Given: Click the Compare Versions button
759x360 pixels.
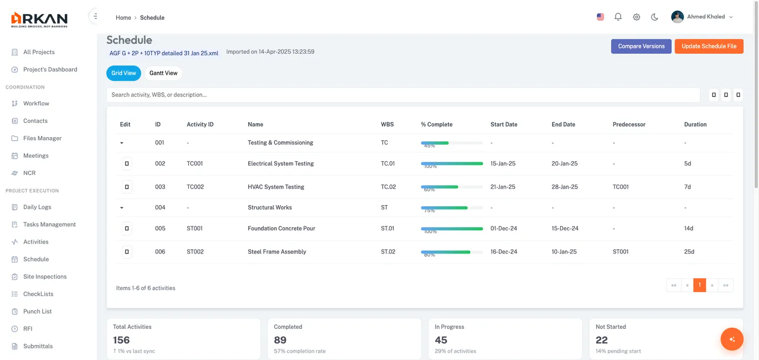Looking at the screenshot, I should [x=641, y=46].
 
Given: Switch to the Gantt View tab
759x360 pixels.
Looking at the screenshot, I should [x=163, y=73].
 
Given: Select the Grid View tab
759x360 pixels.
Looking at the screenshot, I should [x=124, y=73].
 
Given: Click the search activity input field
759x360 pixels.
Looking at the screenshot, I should [x=403, y=95].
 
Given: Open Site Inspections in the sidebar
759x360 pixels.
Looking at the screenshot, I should [x=45, y=277].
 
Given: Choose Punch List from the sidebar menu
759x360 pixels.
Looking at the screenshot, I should [x=37, y=312].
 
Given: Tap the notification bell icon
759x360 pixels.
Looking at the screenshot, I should [x=618, y=17].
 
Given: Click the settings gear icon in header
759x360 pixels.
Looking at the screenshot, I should [x=636, y=17].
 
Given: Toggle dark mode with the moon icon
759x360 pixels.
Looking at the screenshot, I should [x=655, y=17].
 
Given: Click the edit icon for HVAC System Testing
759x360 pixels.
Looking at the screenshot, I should [x=126, y=187].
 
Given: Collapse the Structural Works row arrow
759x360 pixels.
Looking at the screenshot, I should [x=122, y=208].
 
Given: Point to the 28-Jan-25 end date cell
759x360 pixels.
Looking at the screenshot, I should [x=565, y=187].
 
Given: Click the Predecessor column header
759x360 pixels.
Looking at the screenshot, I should [x=629, y=124].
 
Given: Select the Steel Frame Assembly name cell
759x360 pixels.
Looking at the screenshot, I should [x=277, y=252].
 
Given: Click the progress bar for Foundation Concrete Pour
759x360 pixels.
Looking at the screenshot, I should [x=452, y=229].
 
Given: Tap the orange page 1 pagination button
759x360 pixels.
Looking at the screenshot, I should [x=699, y=285].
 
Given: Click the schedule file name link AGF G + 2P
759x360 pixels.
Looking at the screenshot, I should [x=163, y=53].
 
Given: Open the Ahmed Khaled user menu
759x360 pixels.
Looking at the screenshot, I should [x=702, y=17].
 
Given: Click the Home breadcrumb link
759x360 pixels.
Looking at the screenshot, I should [x=123, y=18].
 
